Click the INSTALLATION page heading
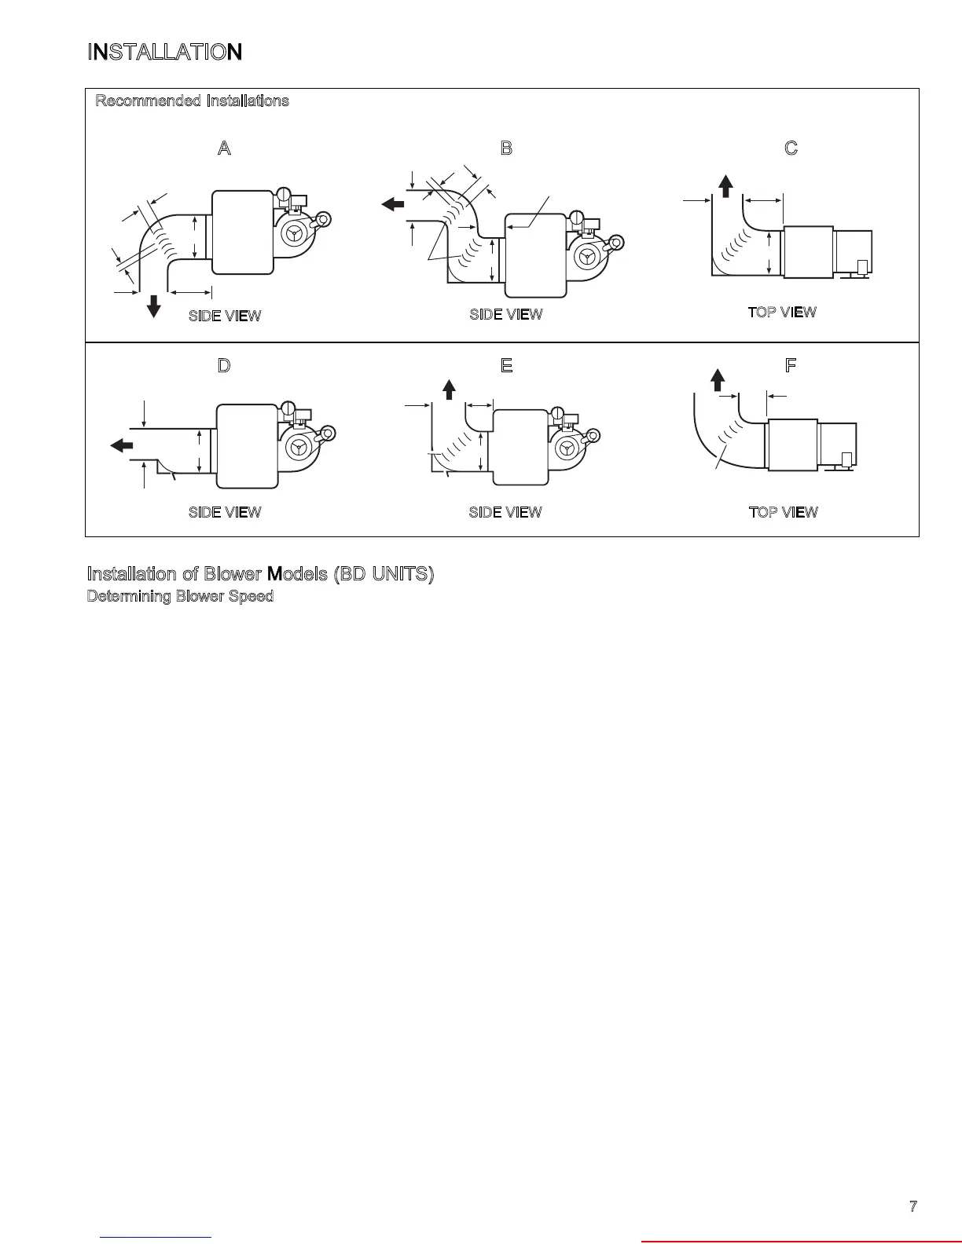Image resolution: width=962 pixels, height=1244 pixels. pos(164,53)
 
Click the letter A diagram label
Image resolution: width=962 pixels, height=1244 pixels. pos(224,148)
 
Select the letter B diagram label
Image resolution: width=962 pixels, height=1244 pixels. pos(506,148)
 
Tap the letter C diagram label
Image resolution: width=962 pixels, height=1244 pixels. pos(791,148)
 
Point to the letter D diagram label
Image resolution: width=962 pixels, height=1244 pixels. pos(224,365)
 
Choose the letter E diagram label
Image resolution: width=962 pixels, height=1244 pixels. pos(506,365)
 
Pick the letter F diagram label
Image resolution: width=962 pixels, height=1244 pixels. pos(791,365)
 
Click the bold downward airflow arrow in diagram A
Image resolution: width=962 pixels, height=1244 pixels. pos(154,305)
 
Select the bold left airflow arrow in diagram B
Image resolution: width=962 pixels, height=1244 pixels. pos(392,204)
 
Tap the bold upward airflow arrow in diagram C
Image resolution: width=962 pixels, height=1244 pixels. pos(726,186)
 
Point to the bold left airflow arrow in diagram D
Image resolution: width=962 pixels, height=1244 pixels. pos(122,445)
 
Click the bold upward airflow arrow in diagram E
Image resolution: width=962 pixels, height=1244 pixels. pos(449,389)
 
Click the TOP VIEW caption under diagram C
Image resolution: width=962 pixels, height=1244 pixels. pos(782,312)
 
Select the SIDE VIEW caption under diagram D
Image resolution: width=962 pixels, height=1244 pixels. pos(225,512)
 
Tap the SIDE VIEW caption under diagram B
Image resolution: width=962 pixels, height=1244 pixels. pos(506,314)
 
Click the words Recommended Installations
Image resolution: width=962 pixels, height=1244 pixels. pos(192,101)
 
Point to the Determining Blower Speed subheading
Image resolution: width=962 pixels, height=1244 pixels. pos(180,596)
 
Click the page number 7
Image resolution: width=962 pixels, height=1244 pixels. pos(913,1207)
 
